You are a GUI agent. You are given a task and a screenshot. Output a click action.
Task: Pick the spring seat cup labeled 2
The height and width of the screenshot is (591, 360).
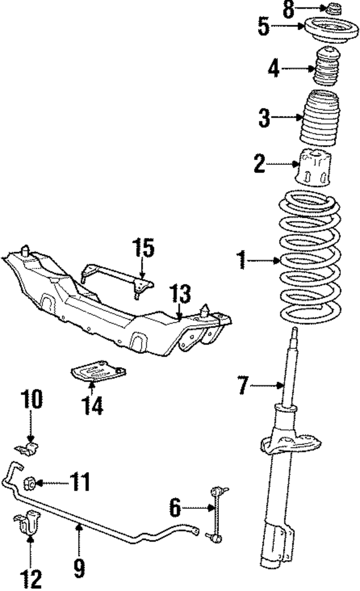point(313,167)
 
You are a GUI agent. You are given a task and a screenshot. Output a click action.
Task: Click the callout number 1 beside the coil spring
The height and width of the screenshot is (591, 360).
point(242,261)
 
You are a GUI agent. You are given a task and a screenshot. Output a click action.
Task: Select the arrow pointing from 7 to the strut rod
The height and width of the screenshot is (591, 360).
point(266,386)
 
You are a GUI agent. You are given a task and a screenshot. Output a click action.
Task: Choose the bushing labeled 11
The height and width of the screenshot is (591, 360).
point(31,483)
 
